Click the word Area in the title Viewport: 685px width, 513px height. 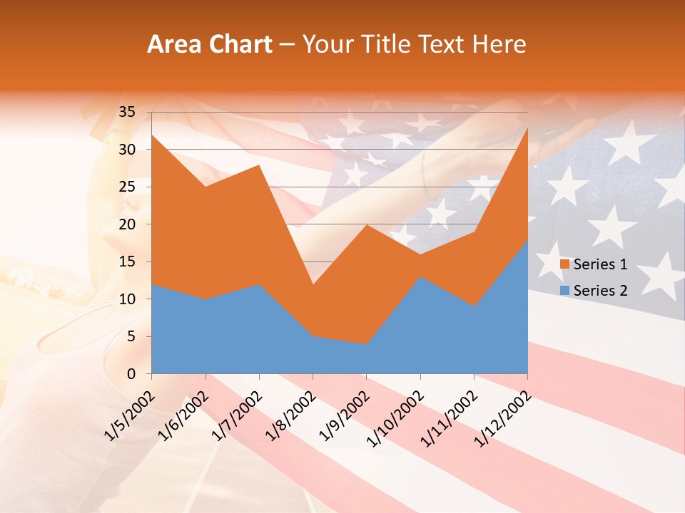173,45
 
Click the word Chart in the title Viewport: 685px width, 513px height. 238,45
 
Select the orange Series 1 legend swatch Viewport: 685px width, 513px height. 564,264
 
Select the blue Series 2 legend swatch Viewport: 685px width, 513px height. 564,290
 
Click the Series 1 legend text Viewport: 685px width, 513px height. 600,264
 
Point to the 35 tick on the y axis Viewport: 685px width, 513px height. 127,112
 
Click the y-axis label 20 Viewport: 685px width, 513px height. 127,224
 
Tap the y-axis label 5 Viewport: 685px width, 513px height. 131,336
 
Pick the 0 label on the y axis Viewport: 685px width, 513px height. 131,374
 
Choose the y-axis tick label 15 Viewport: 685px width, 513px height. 127,261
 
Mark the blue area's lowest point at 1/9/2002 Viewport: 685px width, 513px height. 366,345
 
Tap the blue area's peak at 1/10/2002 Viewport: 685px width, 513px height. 420,277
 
